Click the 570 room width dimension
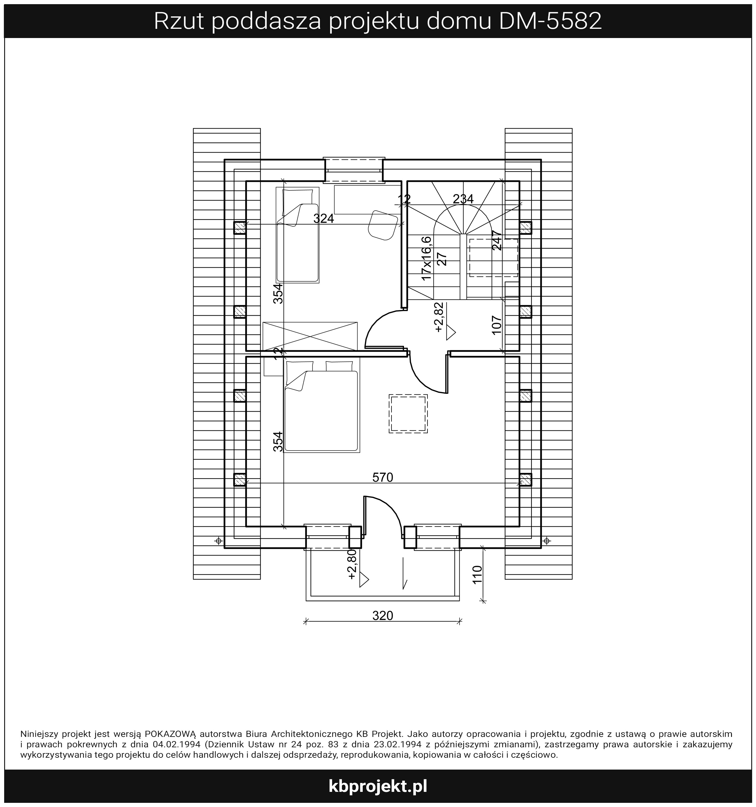click(x=383, y=478)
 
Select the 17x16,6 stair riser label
click(x=426, y=258)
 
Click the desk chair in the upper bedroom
click(x=383, y=225)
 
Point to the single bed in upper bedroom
click(x=297, y=235)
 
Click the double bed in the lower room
click(x=321, y=406)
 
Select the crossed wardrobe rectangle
click(x=310, y=337)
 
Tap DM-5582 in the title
click(x=550, y=21)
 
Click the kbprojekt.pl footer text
click(x=378, y=786)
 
